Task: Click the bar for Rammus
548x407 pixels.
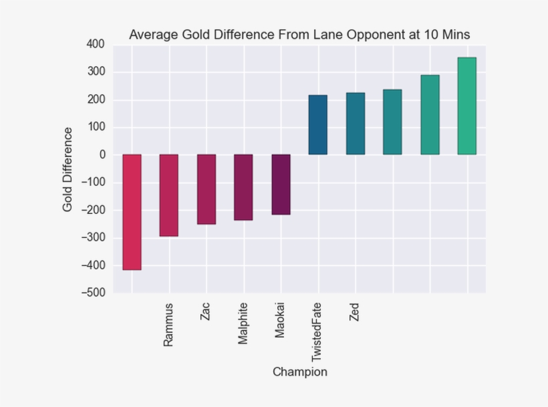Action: pos(169,195)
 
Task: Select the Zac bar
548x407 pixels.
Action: pos(207,189)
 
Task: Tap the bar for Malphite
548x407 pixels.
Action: pos(243,187)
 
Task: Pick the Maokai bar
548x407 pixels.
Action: pos(281,184)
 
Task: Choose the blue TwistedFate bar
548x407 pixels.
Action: pos(318,125)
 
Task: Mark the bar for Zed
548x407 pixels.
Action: pos(356,124)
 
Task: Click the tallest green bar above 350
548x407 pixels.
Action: pos(467,106)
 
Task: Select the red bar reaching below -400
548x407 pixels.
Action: pos(132,212)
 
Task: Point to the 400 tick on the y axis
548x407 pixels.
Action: pos(96,44)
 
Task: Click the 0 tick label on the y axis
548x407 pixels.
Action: pos(102,155)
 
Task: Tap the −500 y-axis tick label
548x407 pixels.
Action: pos(93,293)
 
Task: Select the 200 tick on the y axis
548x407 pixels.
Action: pos(96,100)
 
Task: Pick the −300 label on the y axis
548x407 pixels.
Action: pos(93,238)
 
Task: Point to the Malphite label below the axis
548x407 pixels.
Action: pos(243,324)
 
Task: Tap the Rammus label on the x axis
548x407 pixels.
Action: pos(168,325)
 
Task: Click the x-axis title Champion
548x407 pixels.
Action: pos(300,372)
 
